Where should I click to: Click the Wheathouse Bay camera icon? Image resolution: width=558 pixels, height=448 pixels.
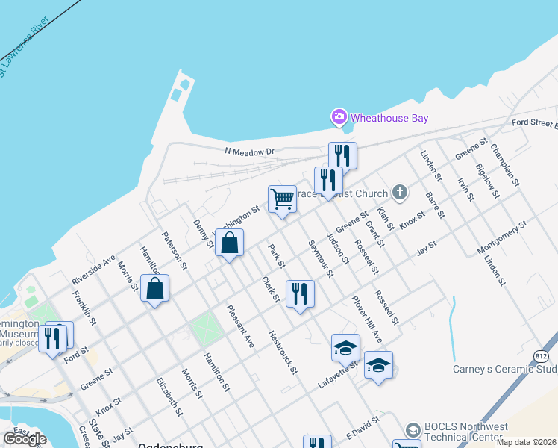pyautogui.click(x=339, y=116)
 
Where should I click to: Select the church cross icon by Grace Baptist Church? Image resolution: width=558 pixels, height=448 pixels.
pyautogui.click(x=400, y=193)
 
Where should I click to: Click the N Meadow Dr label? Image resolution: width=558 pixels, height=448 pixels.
pyautogui.click(x=250, y=152)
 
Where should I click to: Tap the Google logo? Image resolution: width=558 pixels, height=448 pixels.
pyautogui.click(x=25, y=439)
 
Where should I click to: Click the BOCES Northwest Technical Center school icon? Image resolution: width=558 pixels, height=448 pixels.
pyautogui.click(x=413, y=430)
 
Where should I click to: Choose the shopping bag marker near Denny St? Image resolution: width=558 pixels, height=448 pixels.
pyautogui.click(x=229, y=243)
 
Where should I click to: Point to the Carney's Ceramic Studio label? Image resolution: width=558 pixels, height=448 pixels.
pyautogui.click(x=505, y=369)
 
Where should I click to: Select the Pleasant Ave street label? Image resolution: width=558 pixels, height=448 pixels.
pyautogui.click(x=241, y=327)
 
